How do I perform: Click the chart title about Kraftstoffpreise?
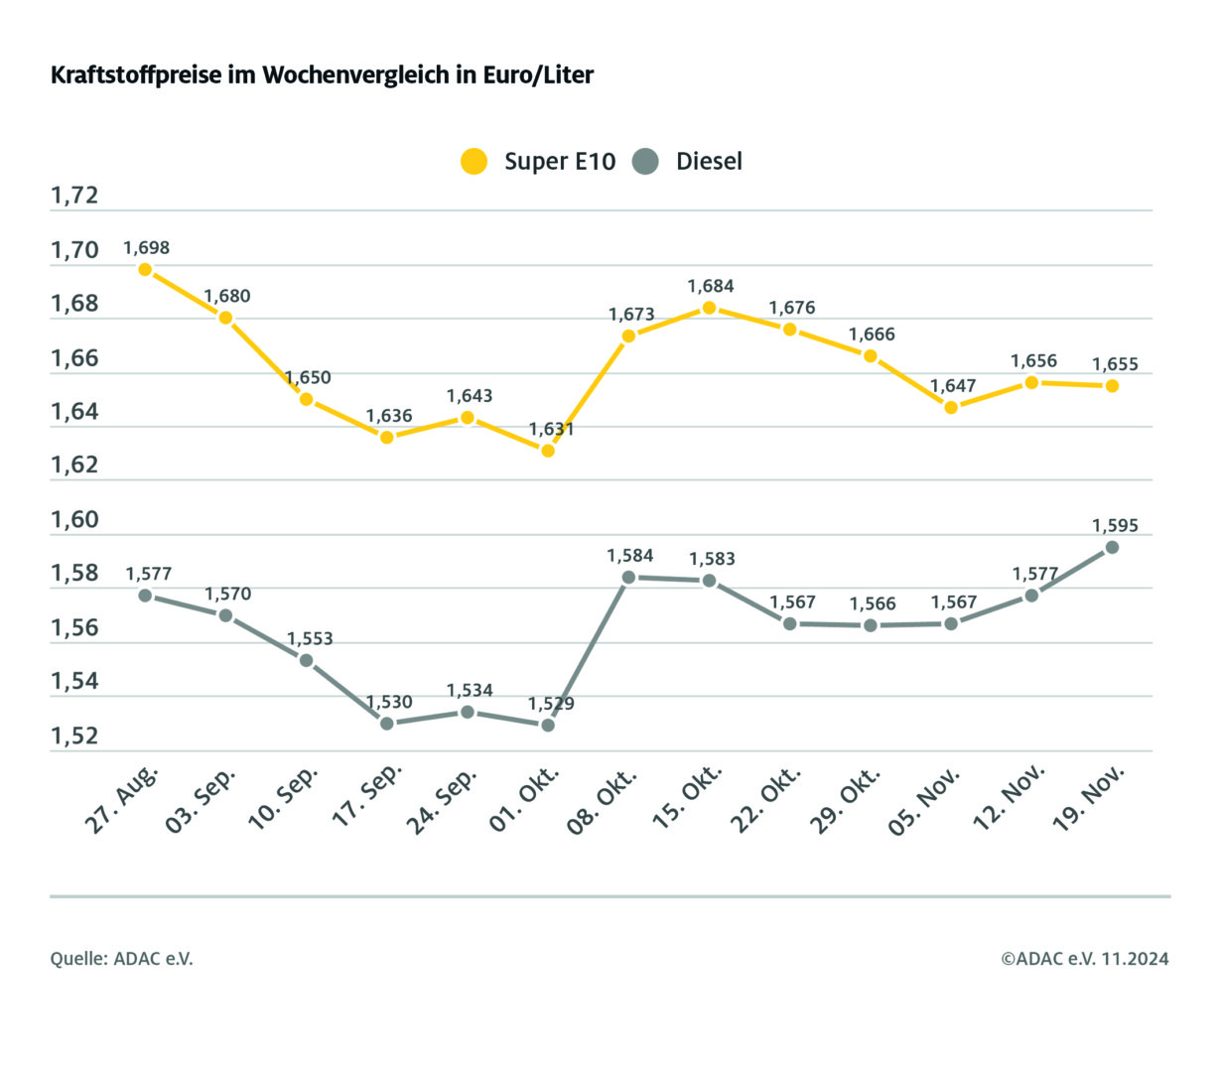322,75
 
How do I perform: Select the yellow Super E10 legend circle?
475,161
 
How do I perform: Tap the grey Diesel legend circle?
645,161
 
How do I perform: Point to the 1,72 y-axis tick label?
75,196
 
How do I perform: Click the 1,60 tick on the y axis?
75,520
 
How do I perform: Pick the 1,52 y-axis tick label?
75,737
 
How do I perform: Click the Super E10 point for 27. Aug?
145,269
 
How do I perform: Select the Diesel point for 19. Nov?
1112,547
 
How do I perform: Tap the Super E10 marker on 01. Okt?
548,451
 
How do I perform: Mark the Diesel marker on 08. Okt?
628,577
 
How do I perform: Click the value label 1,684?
711,286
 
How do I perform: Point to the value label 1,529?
550,704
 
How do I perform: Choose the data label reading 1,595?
1115,525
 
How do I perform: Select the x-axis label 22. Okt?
766,799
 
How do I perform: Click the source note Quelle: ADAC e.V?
122,959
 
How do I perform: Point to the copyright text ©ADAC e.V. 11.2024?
1084,959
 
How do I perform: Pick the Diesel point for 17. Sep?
387,724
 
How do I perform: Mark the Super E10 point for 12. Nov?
1031,382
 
